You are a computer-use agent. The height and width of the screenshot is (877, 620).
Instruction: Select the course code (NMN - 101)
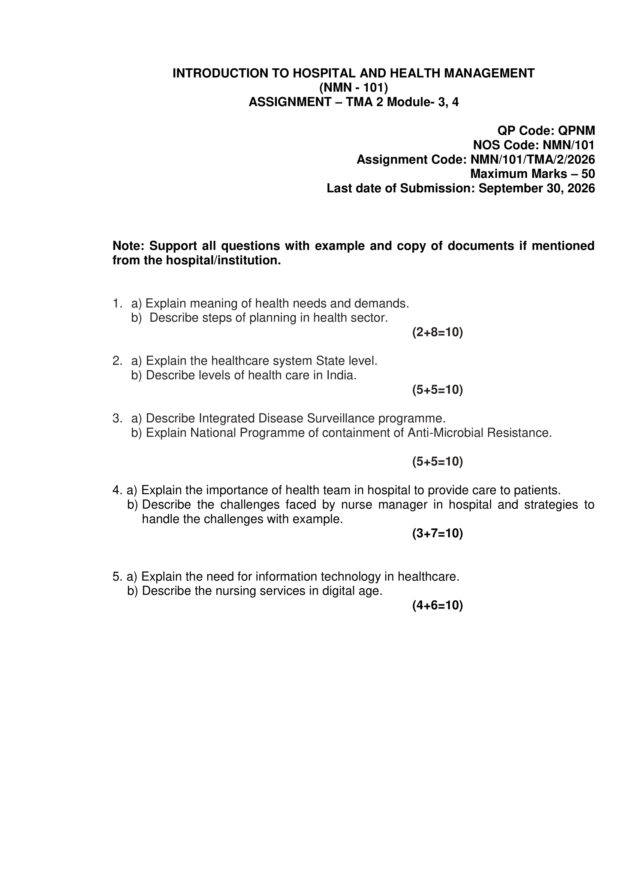pos(353,88)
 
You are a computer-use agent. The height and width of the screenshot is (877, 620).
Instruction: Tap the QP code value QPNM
pos(577,130)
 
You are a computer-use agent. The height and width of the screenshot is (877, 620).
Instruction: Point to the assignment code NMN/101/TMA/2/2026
pos(533,160)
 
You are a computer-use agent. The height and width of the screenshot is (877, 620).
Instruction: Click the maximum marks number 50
pos(588,174)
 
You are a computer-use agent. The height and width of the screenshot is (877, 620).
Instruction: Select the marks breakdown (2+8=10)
pos(437,332)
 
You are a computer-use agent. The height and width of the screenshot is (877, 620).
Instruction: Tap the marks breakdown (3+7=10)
pos(437,533)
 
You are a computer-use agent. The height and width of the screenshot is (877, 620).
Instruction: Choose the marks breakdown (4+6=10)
pos(437,605)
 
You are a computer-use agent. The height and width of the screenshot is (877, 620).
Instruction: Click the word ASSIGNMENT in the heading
pos(290,102)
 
